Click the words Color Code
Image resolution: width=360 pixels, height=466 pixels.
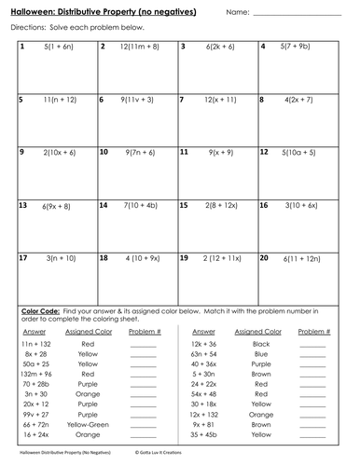pos(39,308)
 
